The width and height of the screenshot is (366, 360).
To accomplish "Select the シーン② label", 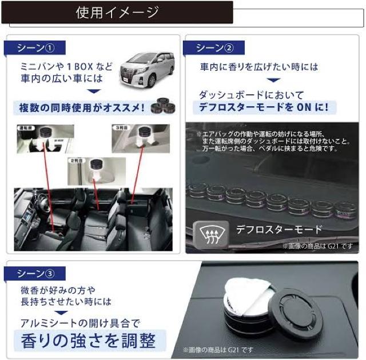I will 214,47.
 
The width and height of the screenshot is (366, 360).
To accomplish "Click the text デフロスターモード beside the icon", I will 279,230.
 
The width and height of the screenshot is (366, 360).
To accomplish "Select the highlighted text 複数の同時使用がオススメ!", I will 79,107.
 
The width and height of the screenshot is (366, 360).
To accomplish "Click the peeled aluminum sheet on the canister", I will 250,297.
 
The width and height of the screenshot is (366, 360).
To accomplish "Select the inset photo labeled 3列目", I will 140,139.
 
